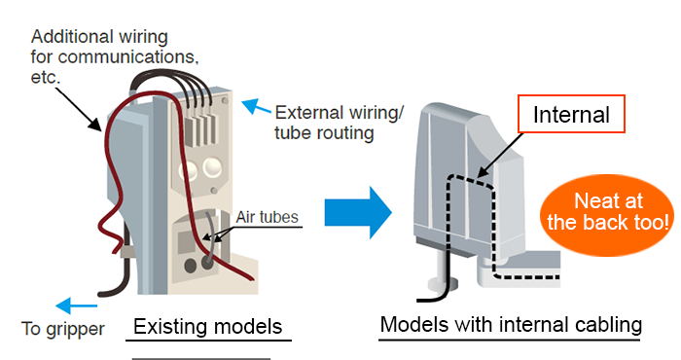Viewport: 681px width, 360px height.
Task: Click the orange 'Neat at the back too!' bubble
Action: [x=608, y=210]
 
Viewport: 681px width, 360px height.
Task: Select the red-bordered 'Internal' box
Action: [x=570, y=116]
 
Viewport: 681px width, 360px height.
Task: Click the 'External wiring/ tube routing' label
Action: [x=337, y=122]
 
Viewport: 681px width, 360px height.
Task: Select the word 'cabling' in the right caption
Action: [x=608, y=324]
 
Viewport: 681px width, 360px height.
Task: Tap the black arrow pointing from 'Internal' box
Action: [x=500, y=154]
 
